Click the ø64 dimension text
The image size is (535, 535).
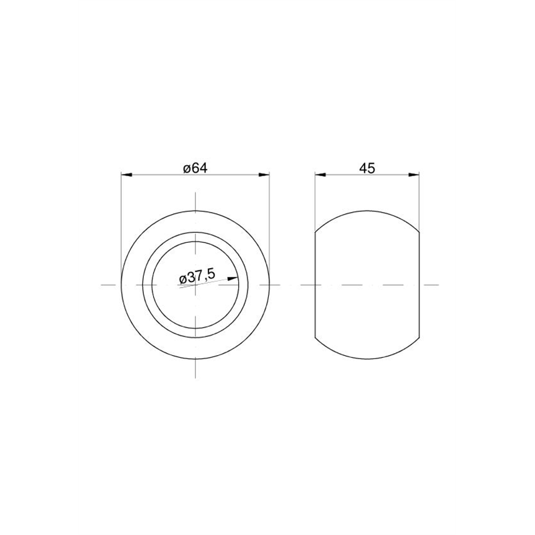coord(195,169)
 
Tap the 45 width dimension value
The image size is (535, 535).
coord(367,169)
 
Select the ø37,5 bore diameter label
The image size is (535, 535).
coord(197,276)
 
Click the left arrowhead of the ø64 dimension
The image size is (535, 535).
coord(126,175)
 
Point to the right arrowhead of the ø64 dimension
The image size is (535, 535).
coord(264,175)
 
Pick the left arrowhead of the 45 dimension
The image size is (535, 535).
coord(320,175)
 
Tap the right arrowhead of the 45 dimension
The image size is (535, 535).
coord(414,175)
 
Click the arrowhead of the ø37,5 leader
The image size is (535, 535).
coord(233,278)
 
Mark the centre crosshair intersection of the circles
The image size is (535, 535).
coord(195,285)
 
